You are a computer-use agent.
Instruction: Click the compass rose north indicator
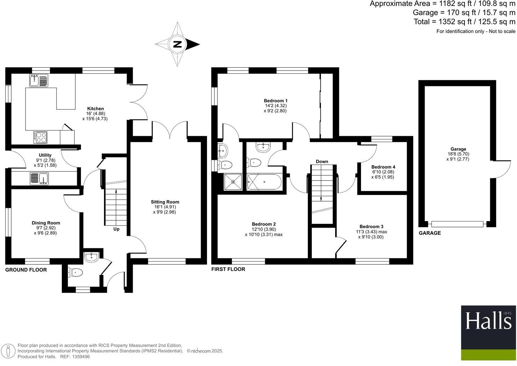tap(178, 44)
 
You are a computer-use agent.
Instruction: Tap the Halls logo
tap(488, 321)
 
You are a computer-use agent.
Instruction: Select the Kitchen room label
tap(95, 109)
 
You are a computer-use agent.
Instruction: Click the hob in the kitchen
tap(41, 137)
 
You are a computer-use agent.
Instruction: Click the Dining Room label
tap(46, 223)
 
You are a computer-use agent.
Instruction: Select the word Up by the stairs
tap(116, 229)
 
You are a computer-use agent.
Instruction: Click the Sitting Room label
tap(165, 202)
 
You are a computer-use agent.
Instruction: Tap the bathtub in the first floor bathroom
tap(264, 182)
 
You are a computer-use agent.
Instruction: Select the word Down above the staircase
tap(322, 161)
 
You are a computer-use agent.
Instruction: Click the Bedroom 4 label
tap(383, 167)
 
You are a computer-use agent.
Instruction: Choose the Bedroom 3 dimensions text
tap(371, 234)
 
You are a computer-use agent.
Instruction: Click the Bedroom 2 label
tap(264, 224)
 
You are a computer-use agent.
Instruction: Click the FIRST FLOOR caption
tap(228, 269)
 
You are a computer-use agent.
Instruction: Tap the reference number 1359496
tap(81, 357)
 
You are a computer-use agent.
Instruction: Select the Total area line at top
tap(464, 22)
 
